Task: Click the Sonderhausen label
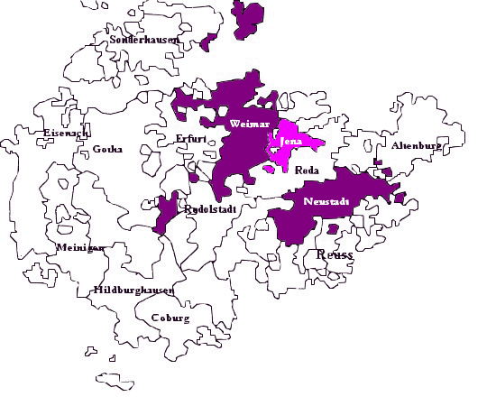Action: [x=144, y=41]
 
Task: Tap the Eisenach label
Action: [x=65, y=134]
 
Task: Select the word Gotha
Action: [x=107, y=150]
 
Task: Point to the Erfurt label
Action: [x=191, y=138]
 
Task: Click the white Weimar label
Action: [x=248, y=123]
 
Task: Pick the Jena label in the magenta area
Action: [x=291, y=143]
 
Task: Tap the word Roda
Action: [x=308, y=170]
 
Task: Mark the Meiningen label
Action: [x=80, y=247]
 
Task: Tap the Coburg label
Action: [x=170, y=318]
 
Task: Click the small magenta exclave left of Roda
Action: [x=270, y=168]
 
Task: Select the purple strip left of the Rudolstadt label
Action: [x=166, y=214]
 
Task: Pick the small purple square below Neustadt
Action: [x=332, y=229]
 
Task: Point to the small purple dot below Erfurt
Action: [x=194, y=178]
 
